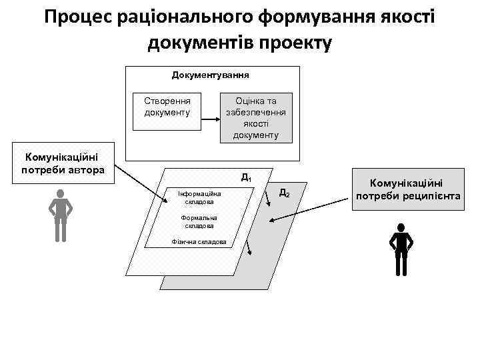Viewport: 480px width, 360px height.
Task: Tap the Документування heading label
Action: [211, 75]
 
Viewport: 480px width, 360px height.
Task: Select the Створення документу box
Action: [167, 107]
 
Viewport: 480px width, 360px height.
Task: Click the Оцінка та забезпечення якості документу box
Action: [256, 118]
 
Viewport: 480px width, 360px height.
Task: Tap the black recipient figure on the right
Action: [401, 249]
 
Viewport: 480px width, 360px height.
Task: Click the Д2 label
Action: [284, 192]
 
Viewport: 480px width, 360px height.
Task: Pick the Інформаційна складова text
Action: [199, 197]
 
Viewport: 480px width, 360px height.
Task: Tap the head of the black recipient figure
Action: [401, 229]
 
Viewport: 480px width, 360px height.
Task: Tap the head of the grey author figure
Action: [61, 194]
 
